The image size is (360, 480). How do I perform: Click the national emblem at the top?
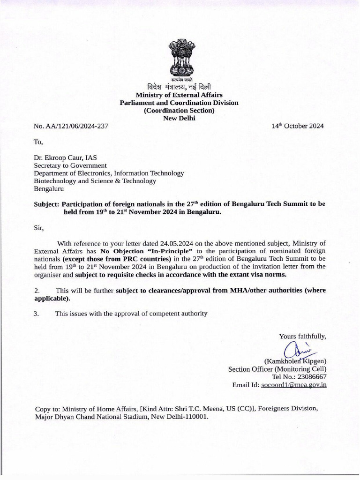point(180,58)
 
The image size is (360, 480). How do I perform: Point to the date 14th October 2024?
point(298,126)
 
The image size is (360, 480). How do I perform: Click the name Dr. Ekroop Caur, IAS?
point(65,158)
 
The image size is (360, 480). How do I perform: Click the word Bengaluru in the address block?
point(49,189)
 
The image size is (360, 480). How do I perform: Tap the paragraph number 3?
point(36,314)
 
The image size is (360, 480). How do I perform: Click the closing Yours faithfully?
point(302,336)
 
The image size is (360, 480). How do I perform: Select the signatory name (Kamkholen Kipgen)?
point(295,361)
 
